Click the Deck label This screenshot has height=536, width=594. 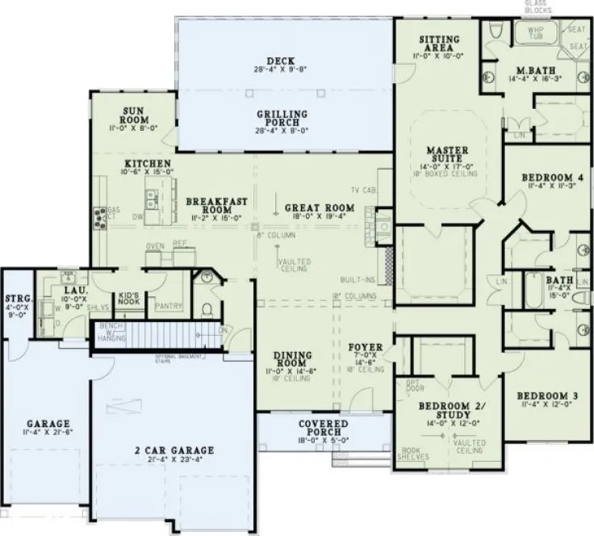284,61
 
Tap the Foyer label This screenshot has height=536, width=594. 364,348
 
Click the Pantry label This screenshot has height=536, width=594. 168,306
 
